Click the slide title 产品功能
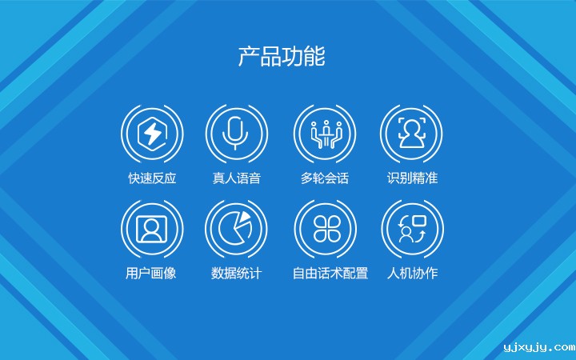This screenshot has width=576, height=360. [x=282, y=58]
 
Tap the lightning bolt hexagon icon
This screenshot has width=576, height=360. [x=152, y=134]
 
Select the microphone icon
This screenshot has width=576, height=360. [x=236, y=134]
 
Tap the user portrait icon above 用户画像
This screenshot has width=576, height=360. [x=152, y=229]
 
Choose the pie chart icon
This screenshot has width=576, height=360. [x=236, y=229]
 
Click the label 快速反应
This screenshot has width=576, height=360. [x=152, y=178]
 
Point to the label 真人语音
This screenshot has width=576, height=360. [x=236, y=178]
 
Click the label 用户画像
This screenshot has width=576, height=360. [x=151, y=274]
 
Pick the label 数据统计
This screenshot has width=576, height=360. [x=236, y=274]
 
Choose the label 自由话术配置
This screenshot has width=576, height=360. [x=330, y=274]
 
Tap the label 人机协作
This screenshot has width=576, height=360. [x=412, y=274]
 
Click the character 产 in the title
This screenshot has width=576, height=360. [x=248, y=58]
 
